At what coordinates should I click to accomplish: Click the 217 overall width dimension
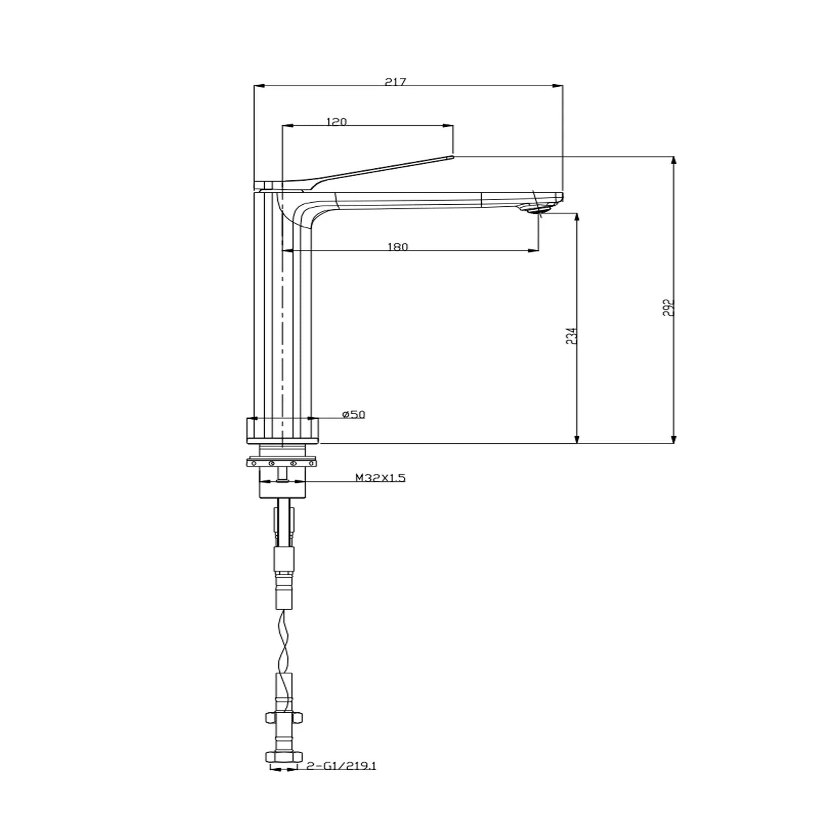click(x=396, y=82)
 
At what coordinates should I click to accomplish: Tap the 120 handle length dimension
click(x=337, y=122)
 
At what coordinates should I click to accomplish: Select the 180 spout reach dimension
click(x=398, y=247)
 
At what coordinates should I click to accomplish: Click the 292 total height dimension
click(x=668, y=307)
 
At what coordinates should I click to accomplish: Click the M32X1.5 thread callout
click(x=380, y=478)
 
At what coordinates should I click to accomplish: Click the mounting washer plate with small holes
click(x=283, y=463)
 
